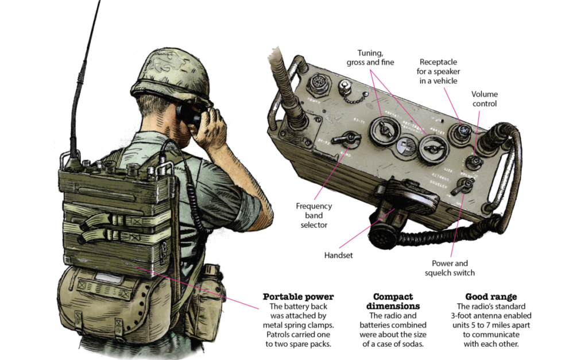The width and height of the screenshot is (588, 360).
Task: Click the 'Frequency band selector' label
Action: click(x=314, y=215)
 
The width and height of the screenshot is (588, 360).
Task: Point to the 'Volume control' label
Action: click(x=484, y=99)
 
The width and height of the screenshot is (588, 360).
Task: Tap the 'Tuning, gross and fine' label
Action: click(x=370, y=58)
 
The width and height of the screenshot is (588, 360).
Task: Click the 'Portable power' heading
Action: click(x=298, y=297)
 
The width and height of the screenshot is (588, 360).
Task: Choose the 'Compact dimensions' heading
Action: click(x=393, y=301)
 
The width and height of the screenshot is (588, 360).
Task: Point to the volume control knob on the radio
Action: click(x=474, y=161)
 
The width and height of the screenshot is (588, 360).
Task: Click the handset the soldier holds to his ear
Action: click(x=189, y=114)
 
